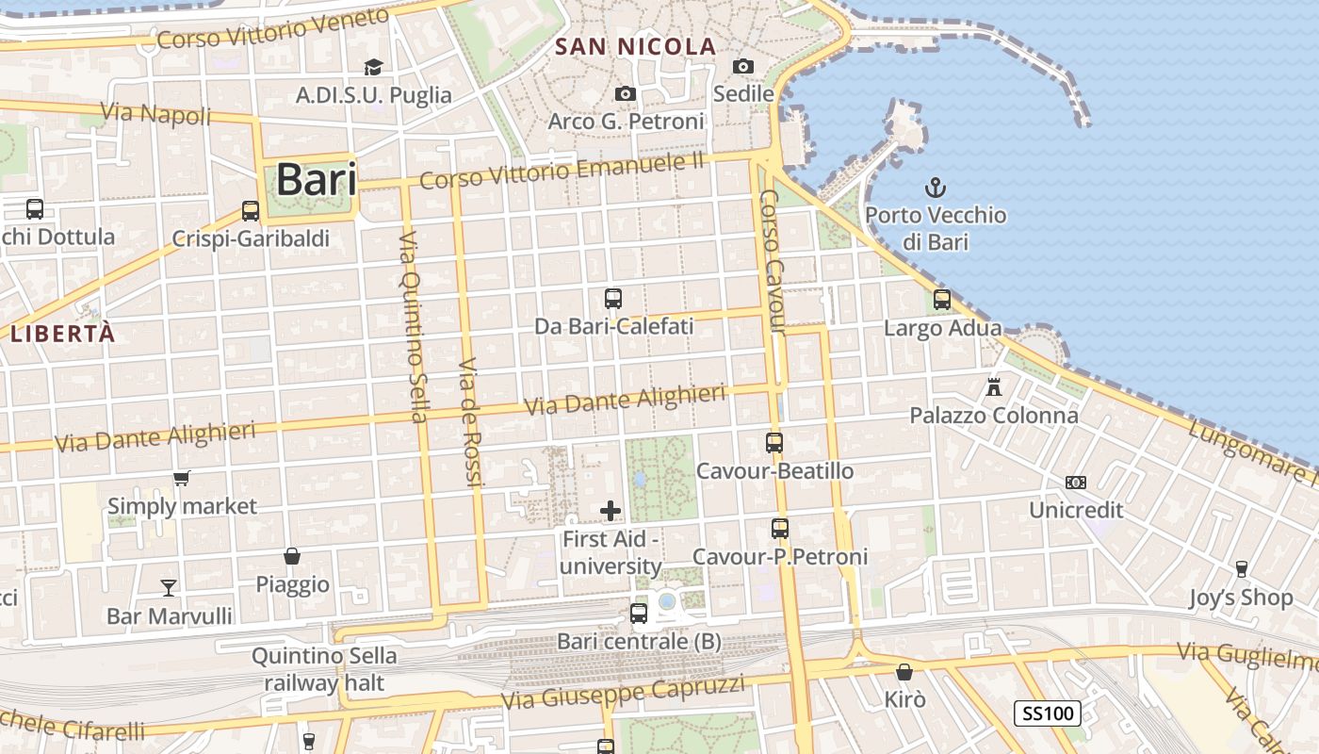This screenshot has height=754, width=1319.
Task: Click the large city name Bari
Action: (x=317, y=179)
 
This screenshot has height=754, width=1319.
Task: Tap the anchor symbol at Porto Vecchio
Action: (x=936, y=187)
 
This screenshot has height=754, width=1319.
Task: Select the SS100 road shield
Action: (x=1047, y=713)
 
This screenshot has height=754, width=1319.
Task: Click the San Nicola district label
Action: (x=636, y=46)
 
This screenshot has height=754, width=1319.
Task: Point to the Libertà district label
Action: (x=63, y=333)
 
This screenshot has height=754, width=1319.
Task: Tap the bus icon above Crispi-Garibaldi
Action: (x=251, y=211)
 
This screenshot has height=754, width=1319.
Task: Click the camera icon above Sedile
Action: (x=743, y=66)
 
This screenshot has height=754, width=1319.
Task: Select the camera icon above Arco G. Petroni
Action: (x=625, y=93)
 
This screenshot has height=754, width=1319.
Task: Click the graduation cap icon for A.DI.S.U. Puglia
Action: (x=374, y=67)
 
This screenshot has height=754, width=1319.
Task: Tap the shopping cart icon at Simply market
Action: (x=182, y=478)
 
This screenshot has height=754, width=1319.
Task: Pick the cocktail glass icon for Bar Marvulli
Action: (x=169, y=588)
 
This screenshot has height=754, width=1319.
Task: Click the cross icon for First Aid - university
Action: (x=611, y=511)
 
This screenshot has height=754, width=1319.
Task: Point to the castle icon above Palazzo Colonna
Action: (x=993, y=386)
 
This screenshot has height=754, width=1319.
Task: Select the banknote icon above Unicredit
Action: (x=1076, y=483)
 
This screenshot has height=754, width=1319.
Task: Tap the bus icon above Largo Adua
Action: (x=942, y=300)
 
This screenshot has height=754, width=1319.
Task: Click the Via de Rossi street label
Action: (x=470, y=422)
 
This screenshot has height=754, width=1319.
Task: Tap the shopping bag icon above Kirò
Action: (x=904, y=672)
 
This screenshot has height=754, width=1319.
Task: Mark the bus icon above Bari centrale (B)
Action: (x=639, y=614)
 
